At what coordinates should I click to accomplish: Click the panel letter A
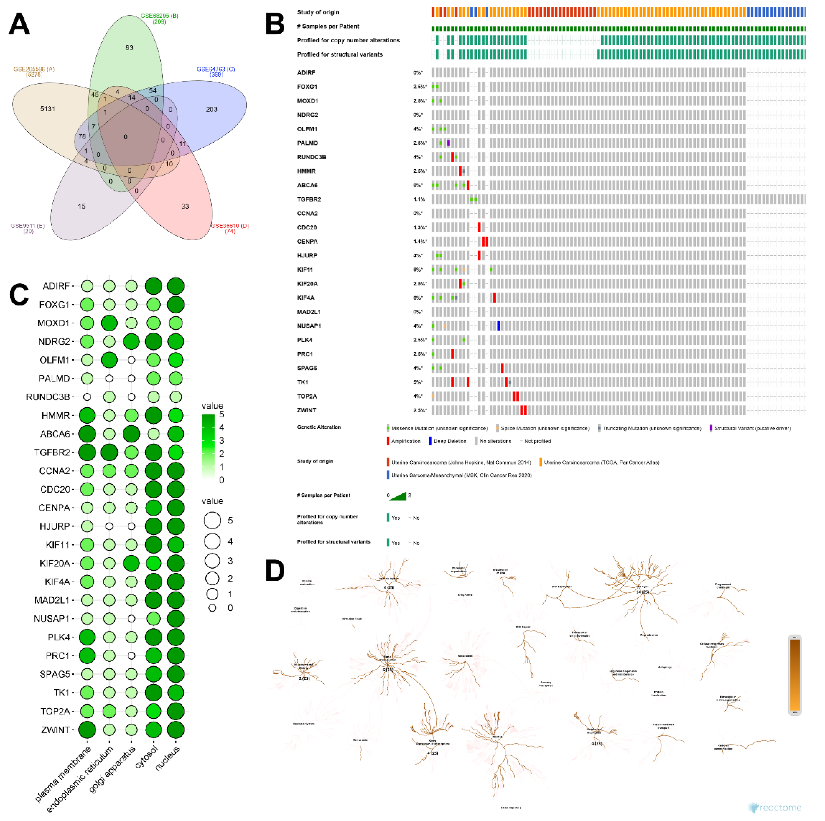click(x=19, y=24)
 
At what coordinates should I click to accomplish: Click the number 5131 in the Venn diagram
click(x=47, y=109)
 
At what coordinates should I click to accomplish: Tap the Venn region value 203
click(x=211, y=109)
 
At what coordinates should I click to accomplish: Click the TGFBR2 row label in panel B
click(x=309, y=199)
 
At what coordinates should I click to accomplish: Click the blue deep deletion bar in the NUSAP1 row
click(x=498, y=326)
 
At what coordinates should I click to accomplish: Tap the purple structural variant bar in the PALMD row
click(x=448, y=143)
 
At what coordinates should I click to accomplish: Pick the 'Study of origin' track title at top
click(x=318, y=12)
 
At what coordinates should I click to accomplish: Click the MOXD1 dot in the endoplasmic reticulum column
click(x=109, y=323)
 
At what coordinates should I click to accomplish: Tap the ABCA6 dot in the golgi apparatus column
click(x=132, y=434)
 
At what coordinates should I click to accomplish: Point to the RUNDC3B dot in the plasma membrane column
click(x=87, y=397)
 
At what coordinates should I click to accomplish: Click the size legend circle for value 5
click(x=212, y=520)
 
